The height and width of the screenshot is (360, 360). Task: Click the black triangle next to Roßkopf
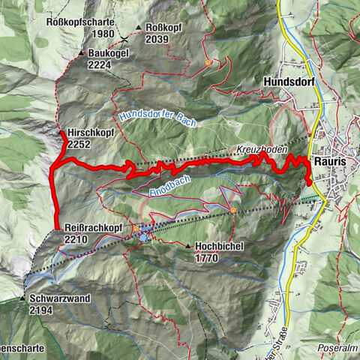click(x=139, y=28)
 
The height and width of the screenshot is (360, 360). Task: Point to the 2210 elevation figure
click(x=76, y=238)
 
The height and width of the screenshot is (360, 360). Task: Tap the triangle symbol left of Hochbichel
click(x=187, y=245)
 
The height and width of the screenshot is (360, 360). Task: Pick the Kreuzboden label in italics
click(x=263, y=150)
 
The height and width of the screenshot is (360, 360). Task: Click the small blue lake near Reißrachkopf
click(x=142, y=238)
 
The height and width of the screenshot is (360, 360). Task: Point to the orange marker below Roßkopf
click(x=208, y=64)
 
